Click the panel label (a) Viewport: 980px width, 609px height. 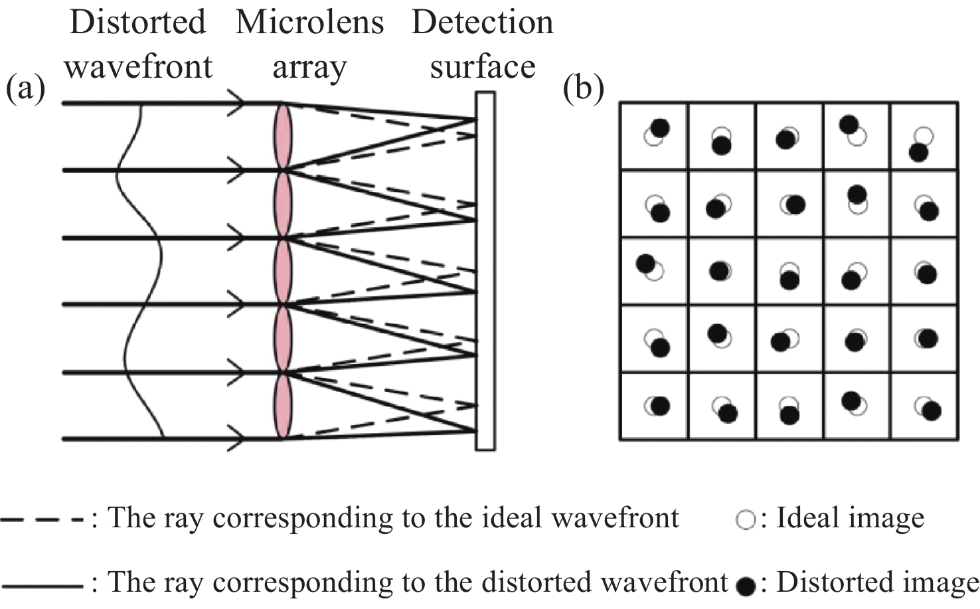point(25,89)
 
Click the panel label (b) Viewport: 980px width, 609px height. point(583,89)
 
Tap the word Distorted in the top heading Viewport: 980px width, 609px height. point(137,22)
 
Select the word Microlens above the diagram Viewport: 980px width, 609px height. point(309,22)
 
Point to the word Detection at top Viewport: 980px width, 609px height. point(482,22)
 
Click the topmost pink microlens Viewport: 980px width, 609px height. point(283,136)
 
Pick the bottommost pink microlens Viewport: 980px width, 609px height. point(283,405)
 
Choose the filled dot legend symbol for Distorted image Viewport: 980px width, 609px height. point(746,586)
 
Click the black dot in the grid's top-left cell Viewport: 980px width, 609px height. point(660,128)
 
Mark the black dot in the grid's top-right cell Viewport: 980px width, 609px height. point(919,153)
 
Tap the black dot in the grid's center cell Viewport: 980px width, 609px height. point(789,280)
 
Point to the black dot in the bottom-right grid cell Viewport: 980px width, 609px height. point(932,411)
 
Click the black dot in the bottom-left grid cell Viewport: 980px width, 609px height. point(660,405)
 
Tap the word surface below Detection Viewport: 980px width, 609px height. point(482,67)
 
